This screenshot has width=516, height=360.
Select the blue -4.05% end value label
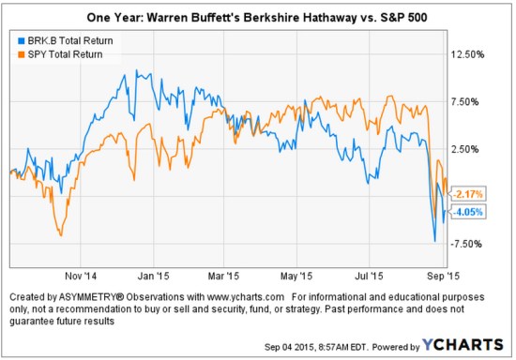pyautogui.click(x=468, y=212)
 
